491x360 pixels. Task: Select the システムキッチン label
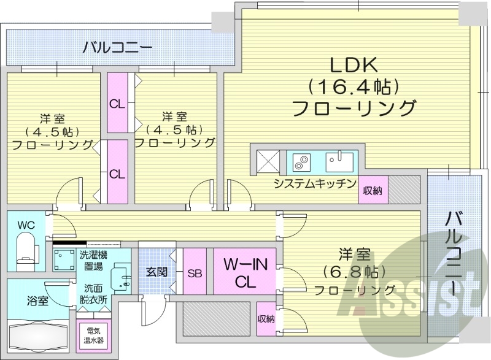[x=315, y=183]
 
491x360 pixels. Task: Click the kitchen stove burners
[x=301, y=162]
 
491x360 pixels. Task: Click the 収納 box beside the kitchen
[x=373, y=190]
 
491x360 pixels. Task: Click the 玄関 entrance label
[x=157, y=272]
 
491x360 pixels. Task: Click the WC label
[x=26, y=224]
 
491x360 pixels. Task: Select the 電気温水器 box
[x=95, y=335]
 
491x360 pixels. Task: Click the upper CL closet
[x=117, y=103]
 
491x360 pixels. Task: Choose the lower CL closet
[x=117, y=173]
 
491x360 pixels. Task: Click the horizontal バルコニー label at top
[x=118, y=46]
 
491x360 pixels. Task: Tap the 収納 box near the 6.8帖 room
[x=266, y=318]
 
